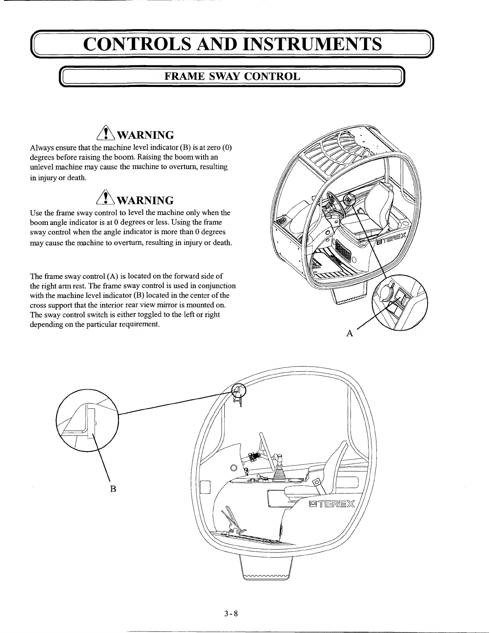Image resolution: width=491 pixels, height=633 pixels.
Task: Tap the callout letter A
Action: click(350, 333)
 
